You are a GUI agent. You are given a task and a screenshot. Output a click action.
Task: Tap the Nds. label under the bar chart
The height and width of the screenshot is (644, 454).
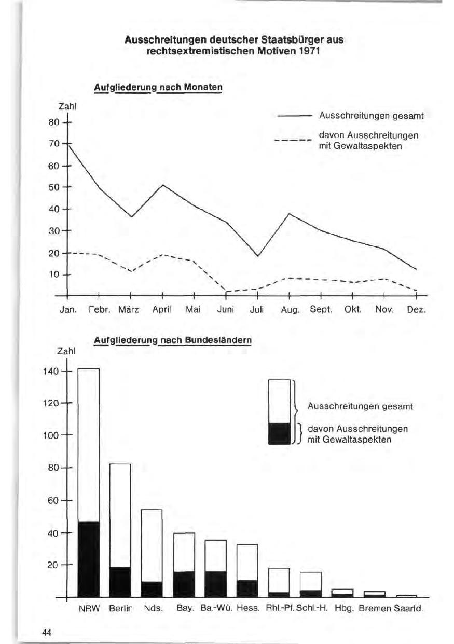[152, 608]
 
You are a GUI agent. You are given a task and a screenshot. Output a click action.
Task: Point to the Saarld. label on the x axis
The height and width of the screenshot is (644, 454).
[410, 608]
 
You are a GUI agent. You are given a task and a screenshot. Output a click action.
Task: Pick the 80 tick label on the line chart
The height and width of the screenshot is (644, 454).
[53, 122]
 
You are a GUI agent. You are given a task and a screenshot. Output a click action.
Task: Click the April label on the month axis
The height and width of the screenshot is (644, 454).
[161, 310]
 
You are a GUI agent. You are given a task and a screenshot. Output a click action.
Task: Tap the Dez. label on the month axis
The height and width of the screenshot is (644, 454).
[417, 310]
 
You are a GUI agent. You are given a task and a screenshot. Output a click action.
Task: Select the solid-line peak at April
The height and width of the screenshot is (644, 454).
[163, 185]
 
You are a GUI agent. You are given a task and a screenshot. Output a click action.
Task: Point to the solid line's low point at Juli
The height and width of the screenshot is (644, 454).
[257, 256]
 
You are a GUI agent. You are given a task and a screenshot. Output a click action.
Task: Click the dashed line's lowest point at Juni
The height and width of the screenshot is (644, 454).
[226, 292]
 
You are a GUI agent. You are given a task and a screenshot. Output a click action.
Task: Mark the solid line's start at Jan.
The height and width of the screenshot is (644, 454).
[68, 144]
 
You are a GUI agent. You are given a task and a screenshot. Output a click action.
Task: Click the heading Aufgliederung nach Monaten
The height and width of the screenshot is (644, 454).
[158, 87]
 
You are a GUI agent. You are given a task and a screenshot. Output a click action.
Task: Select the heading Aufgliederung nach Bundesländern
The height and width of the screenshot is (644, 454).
[173, 340]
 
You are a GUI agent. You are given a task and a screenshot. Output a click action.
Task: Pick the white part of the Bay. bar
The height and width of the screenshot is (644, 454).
[184, 552]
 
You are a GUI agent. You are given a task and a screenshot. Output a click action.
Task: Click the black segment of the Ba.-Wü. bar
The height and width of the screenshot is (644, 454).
[215, 584]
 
